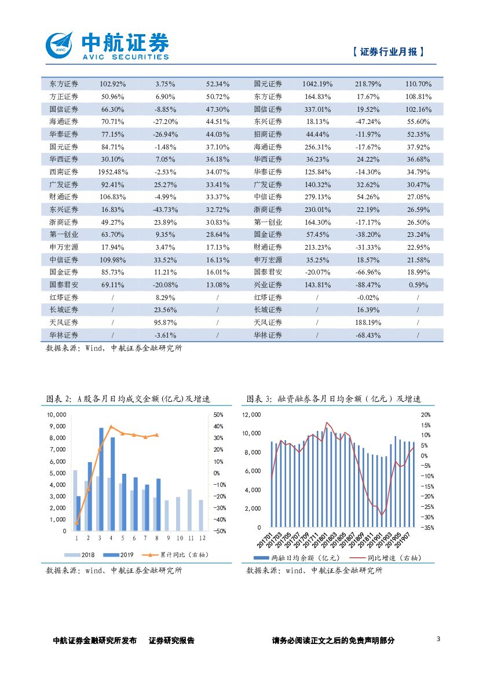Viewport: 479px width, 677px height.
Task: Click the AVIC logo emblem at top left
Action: click(60, 44)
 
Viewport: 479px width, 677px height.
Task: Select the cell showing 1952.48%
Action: click(113, 171)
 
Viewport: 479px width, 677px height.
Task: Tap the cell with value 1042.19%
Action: click(317, 84)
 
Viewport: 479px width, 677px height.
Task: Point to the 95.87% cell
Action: click(165, 322)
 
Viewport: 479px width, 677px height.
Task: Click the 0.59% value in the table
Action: click(418, 285)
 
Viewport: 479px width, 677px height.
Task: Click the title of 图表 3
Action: click(333, 399)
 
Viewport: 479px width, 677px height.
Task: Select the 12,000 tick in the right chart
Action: click(251, 415)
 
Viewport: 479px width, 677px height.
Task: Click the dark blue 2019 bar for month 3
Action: click(101, 479)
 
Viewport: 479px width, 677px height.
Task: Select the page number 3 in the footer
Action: click(438, 639)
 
